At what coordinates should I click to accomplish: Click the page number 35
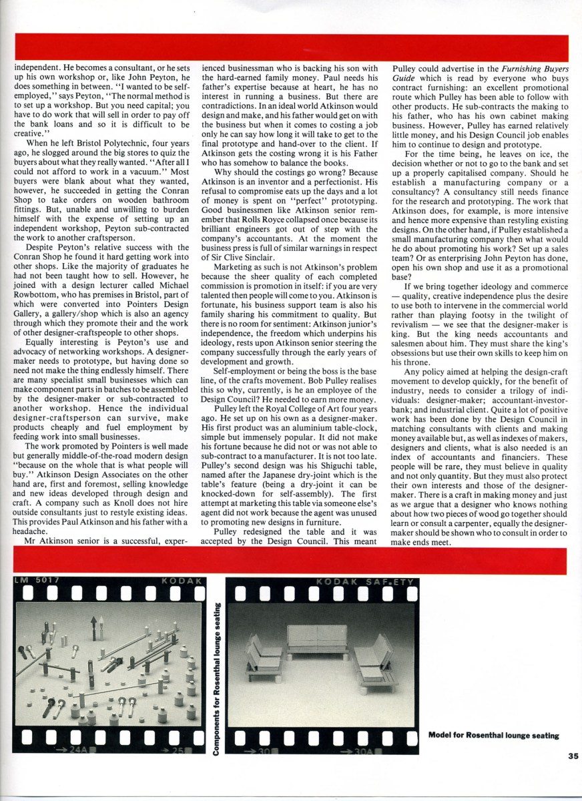[573, 756]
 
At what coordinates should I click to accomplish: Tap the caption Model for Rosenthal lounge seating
[493, 736]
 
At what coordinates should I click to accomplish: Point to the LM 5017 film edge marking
[33, 581]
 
